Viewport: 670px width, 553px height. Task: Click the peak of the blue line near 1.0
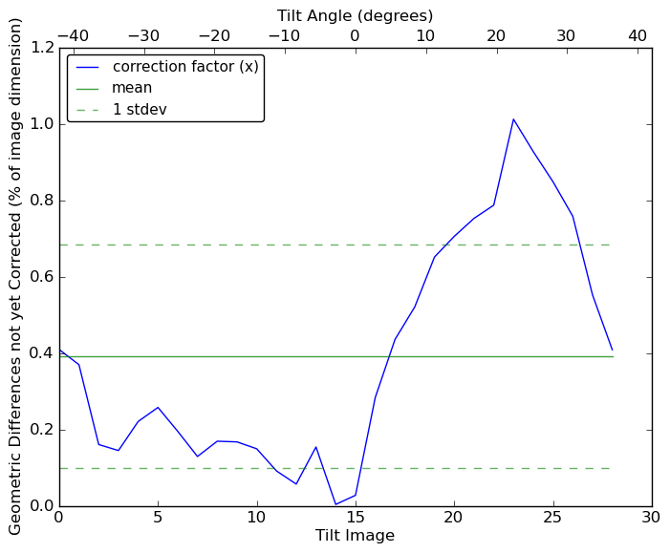click(513, 119)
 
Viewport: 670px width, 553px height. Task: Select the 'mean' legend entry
click(132, 88)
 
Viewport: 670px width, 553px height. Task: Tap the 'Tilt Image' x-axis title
click(355, 536)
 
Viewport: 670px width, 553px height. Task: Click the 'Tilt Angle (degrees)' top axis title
click(355, 15)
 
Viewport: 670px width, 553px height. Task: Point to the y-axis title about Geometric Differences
click(16, 276)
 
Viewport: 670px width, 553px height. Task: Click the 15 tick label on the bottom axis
click(356, 518)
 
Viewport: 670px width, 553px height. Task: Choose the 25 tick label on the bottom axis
click(552, 518)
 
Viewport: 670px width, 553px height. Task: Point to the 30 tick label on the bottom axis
click(652, 518)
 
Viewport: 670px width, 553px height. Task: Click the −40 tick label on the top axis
click(73, 36)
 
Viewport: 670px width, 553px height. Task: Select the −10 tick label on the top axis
click(284, 36)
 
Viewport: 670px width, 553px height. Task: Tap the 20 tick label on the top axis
click(496, 36)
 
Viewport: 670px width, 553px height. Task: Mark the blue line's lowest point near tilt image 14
click(335, 504)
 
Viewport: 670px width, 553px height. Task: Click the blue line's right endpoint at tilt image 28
click(612, 351)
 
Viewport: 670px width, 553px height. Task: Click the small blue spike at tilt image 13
click(315, 447)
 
